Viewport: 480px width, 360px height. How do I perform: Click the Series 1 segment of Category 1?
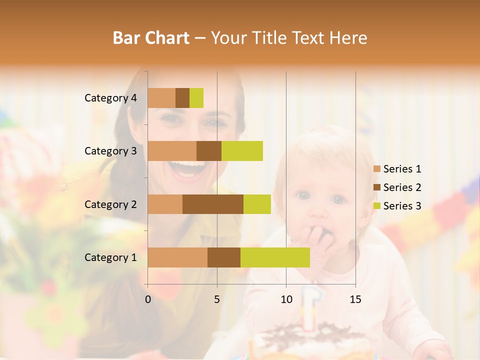pyautogui.click(x=177, y=257)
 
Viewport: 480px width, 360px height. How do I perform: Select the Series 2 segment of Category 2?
pyautogui.click(x=213, y=204)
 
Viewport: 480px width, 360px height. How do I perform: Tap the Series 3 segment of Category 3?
pyautogui.click(x=242, y=151)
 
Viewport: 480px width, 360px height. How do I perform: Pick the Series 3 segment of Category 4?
pyautogui.click(x=196, y=98)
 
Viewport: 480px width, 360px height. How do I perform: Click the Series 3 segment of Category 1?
pyautogui.click(x=275, y=257)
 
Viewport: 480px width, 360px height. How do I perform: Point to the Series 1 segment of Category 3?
pyautogui.click(x=172, y=151)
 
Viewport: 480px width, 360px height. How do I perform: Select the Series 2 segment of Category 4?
pyautogui.click(x=182, y=98)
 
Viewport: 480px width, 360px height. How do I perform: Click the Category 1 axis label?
pyautogui.click(x=110, y=257)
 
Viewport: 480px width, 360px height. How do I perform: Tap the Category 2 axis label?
pyautogui.click(x=110, y=204)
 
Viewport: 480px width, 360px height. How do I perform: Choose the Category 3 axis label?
pyautogui.click(x=110, y=151)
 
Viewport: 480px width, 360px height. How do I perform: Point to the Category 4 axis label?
pyautogui.click(x=110, y=98)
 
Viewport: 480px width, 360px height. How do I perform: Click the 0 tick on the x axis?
pyautogui.click(x=148, y=299)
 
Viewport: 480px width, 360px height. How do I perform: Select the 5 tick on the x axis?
pyautogui.click(x=217, y=299)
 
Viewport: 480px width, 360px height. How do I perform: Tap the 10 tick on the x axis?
pyautogui.click(x=286, y=299)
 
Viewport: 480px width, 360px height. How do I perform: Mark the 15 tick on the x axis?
pyautogui.click(x=355, y=299)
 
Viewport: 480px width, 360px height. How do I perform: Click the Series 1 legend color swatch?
pyautogui.click(x=376, y=169)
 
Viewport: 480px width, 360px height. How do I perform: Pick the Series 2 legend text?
pyautogui.click(x=402, y=187)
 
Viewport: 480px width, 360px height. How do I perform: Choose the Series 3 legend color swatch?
pyautogui.click(x=376, y=205)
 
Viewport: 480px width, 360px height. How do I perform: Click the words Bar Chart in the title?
pyautogui.click(x=150, y=38)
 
